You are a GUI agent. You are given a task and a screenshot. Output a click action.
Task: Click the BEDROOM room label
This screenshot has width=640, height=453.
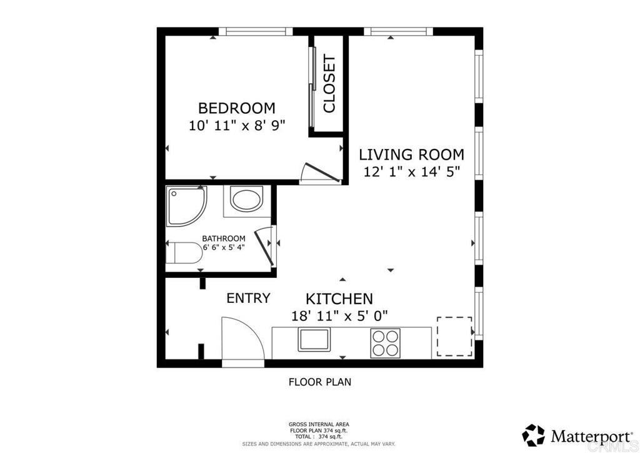pos(237,108)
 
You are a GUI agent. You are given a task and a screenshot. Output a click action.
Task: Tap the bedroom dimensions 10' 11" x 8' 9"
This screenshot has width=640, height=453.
pos(237,125)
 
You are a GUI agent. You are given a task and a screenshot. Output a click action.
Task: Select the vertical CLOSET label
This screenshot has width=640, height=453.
pos(329,84)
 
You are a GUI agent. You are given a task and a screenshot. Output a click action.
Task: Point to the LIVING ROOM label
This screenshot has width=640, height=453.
pos(411,155)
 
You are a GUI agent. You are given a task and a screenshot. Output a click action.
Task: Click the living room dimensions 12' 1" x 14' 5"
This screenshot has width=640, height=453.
pos(412,172)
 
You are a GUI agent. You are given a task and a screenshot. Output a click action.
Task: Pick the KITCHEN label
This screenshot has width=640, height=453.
pos(339,299)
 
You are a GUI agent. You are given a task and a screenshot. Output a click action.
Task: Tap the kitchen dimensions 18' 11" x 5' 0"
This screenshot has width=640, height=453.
pos(339,316)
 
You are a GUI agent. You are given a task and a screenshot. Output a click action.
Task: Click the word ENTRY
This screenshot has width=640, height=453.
pos(248,298)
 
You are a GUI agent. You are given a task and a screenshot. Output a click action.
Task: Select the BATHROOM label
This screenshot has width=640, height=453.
pos(224,238)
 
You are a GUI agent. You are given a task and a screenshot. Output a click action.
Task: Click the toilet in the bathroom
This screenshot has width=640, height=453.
pos(184,253)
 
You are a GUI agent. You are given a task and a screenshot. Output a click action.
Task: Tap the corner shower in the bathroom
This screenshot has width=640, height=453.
pos(186,206)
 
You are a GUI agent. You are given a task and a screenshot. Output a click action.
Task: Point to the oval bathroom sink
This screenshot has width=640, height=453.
pos(246,198)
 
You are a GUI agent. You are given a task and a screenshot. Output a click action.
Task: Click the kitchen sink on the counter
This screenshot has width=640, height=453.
pos(314,340)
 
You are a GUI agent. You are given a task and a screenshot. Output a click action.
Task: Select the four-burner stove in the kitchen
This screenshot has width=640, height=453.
pos(385,343)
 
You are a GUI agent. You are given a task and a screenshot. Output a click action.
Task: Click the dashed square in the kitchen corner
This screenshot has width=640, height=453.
pos(455,336)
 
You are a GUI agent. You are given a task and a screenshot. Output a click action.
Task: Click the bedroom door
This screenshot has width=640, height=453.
pos(322,172)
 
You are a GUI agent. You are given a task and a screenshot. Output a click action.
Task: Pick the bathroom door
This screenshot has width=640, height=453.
pos(264,248)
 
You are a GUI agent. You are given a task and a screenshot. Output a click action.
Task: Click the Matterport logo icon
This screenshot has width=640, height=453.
pos(534,435)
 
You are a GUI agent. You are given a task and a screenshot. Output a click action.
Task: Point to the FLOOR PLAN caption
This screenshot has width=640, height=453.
pos(320,382)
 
